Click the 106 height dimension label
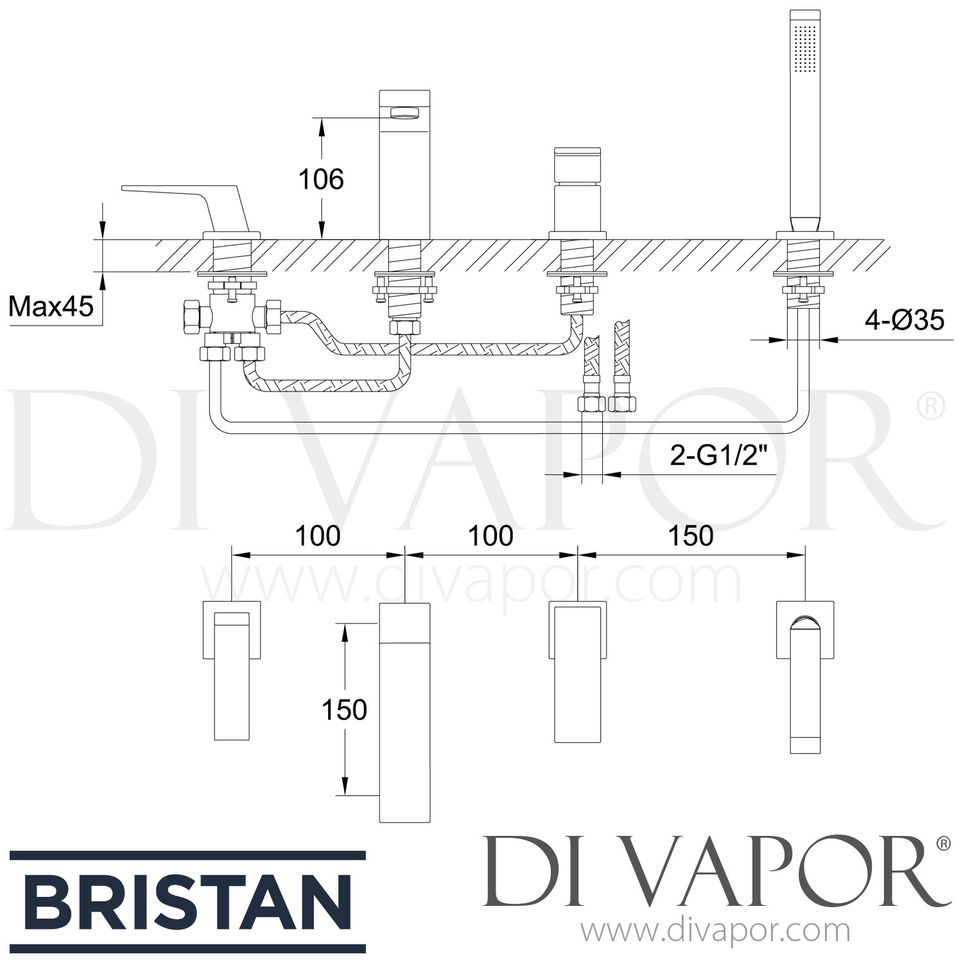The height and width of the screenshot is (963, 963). (321, 179)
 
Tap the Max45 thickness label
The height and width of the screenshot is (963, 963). (51, 307)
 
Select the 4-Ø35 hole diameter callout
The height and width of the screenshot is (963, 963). (905, 319)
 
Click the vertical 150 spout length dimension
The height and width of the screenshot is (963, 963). (345, 709)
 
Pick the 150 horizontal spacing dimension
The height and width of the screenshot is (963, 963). (691, 535)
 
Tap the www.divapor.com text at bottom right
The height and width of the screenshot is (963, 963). (715, 930)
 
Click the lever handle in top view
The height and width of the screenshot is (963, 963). (231, 674)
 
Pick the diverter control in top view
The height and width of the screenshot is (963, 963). (577, 674)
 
